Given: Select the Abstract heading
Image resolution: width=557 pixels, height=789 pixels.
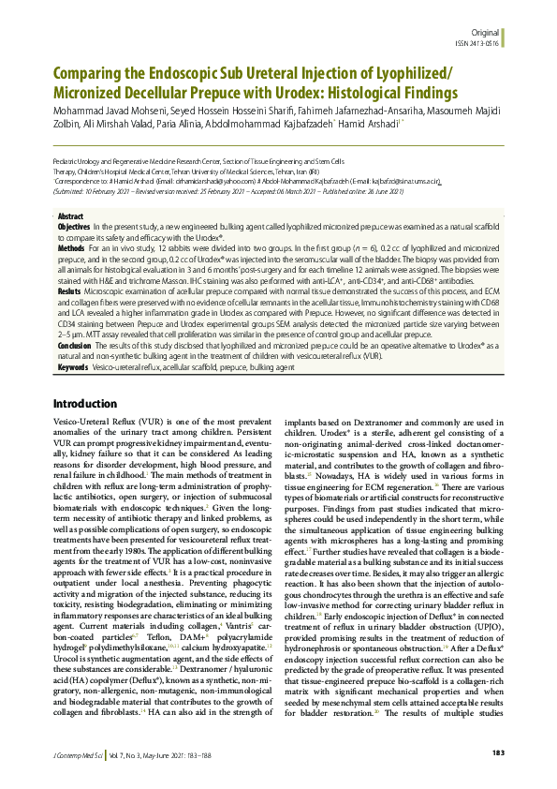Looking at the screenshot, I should (x=70, y=216).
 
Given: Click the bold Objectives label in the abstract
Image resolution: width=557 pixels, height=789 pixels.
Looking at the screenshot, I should (x=74, y=228).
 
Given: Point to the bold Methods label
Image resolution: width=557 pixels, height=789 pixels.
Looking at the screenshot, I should (x=71, y=248).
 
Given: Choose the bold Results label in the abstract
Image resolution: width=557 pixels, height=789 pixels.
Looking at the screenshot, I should (x=69, y=291).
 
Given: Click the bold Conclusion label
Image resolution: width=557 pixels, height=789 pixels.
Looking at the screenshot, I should (x=74, y=345).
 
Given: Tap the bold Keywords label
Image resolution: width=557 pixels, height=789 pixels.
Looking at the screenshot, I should (x=73, y=368).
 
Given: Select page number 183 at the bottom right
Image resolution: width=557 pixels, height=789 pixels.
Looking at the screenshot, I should (x=498, y=753).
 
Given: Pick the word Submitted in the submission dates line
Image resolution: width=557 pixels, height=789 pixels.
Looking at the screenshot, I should (x=71, y=190).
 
